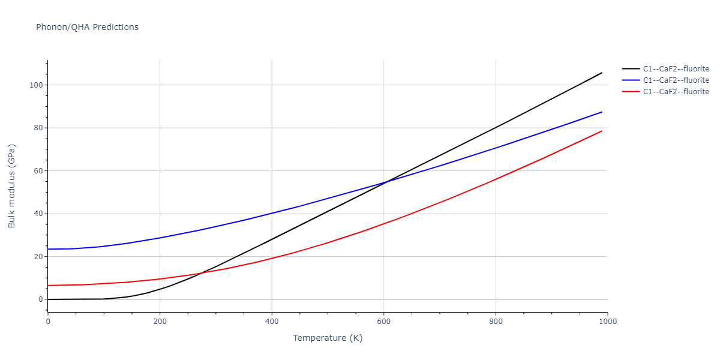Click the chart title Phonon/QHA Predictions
[87, 27]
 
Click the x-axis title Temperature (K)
[328, 338]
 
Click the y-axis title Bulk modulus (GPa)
[12, 186]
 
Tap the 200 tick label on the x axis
[160, 322]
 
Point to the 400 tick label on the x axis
[272, 322]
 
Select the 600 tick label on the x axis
[384, 322]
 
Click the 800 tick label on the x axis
[496, 322]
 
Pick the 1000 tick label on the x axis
[607, 322]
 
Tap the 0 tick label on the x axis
[48, 322]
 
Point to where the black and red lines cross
[200, 273]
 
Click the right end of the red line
[602, 131]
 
